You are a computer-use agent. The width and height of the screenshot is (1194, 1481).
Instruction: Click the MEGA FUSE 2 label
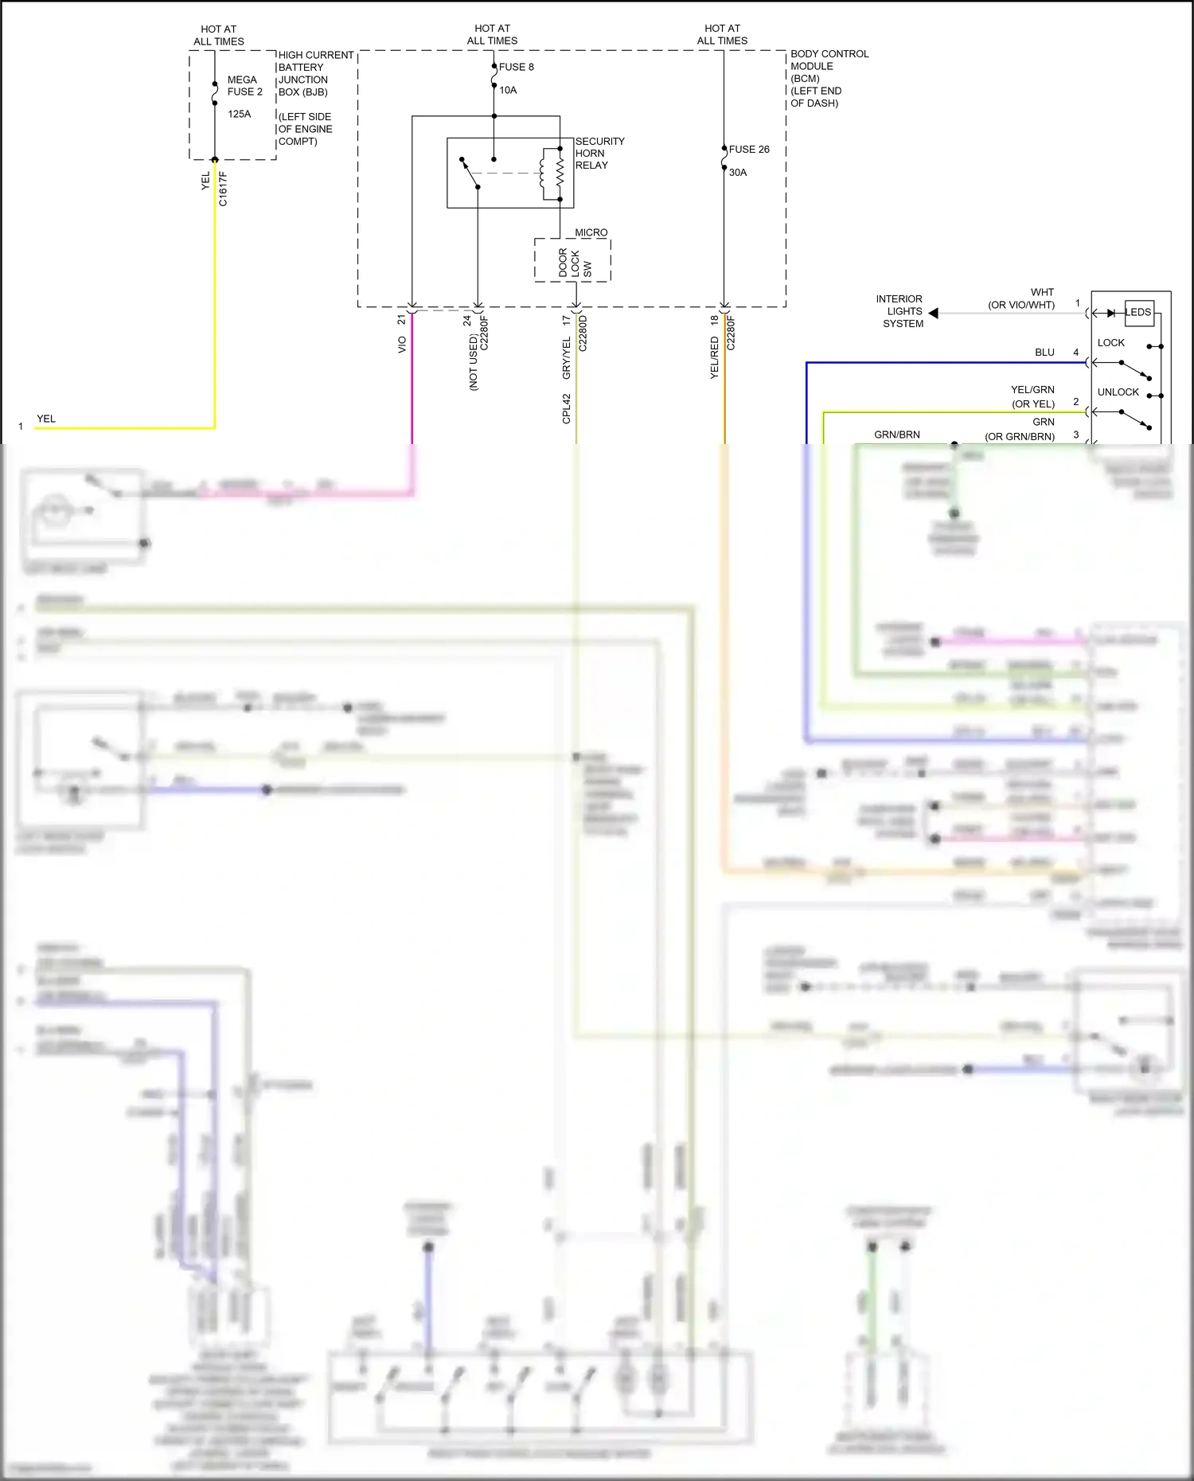[x=244, y=86]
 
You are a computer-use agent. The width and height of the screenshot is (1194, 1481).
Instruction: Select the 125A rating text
[x=239, y=114]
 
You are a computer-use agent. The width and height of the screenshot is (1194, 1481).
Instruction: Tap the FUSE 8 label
[x=516, y=67]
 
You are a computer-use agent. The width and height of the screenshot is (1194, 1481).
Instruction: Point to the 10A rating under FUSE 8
[x=508, y=90]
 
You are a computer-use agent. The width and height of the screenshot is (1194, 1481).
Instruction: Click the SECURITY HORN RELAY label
[x=599, y=153]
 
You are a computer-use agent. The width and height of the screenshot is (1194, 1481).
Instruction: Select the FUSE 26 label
[x=748, y=149]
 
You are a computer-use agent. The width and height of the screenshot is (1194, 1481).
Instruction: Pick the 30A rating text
[x=738, y=172]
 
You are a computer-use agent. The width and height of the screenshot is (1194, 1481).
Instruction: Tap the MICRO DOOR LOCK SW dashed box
[x=572, y=260]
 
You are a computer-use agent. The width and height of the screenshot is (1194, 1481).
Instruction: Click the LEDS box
[x=1138, y=312]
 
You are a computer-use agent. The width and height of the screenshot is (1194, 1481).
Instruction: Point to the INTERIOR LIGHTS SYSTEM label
[x=901, y=311]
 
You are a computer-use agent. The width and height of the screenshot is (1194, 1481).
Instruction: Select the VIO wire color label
[x=402, y=345]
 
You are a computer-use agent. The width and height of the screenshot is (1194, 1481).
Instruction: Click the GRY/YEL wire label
[x=566, y=357]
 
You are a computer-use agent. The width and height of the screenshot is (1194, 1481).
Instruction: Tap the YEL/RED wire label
[x=714, y=357]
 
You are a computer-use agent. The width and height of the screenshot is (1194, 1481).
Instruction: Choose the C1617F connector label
[x=223, y=189]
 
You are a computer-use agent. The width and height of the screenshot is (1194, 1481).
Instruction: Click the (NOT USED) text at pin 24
[x=473, y=362]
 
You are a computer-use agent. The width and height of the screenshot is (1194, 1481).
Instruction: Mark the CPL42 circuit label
[x=566, y=408]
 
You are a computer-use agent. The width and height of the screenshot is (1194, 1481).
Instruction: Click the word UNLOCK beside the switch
[x=1118, y=392]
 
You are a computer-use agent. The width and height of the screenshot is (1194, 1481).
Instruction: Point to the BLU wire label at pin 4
[x=1044, y=352]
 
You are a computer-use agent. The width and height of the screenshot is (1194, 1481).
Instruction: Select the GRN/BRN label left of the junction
[x=896, y=435]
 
